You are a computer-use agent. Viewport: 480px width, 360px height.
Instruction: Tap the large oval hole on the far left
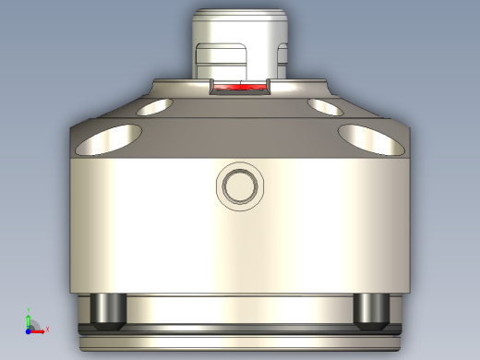[x=109, y=140]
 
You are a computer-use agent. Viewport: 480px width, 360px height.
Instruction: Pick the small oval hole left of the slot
[x=159, y=108]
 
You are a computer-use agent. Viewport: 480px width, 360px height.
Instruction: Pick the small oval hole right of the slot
[x=322, y=108]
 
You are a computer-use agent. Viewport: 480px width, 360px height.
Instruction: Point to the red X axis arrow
[x=39, y=329]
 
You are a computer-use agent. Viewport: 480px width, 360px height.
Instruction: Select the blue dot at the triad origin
[x=29, y=329]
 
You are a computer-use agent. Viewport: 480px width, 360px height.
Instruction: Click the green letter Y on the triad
[x=28, y=311]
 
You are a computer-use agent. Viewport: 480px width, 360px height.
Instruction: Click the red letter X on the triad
[x=46, y=329]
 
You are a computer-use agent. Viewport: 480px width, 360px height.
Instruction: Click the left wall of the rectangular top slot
[x=210, y=88]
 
